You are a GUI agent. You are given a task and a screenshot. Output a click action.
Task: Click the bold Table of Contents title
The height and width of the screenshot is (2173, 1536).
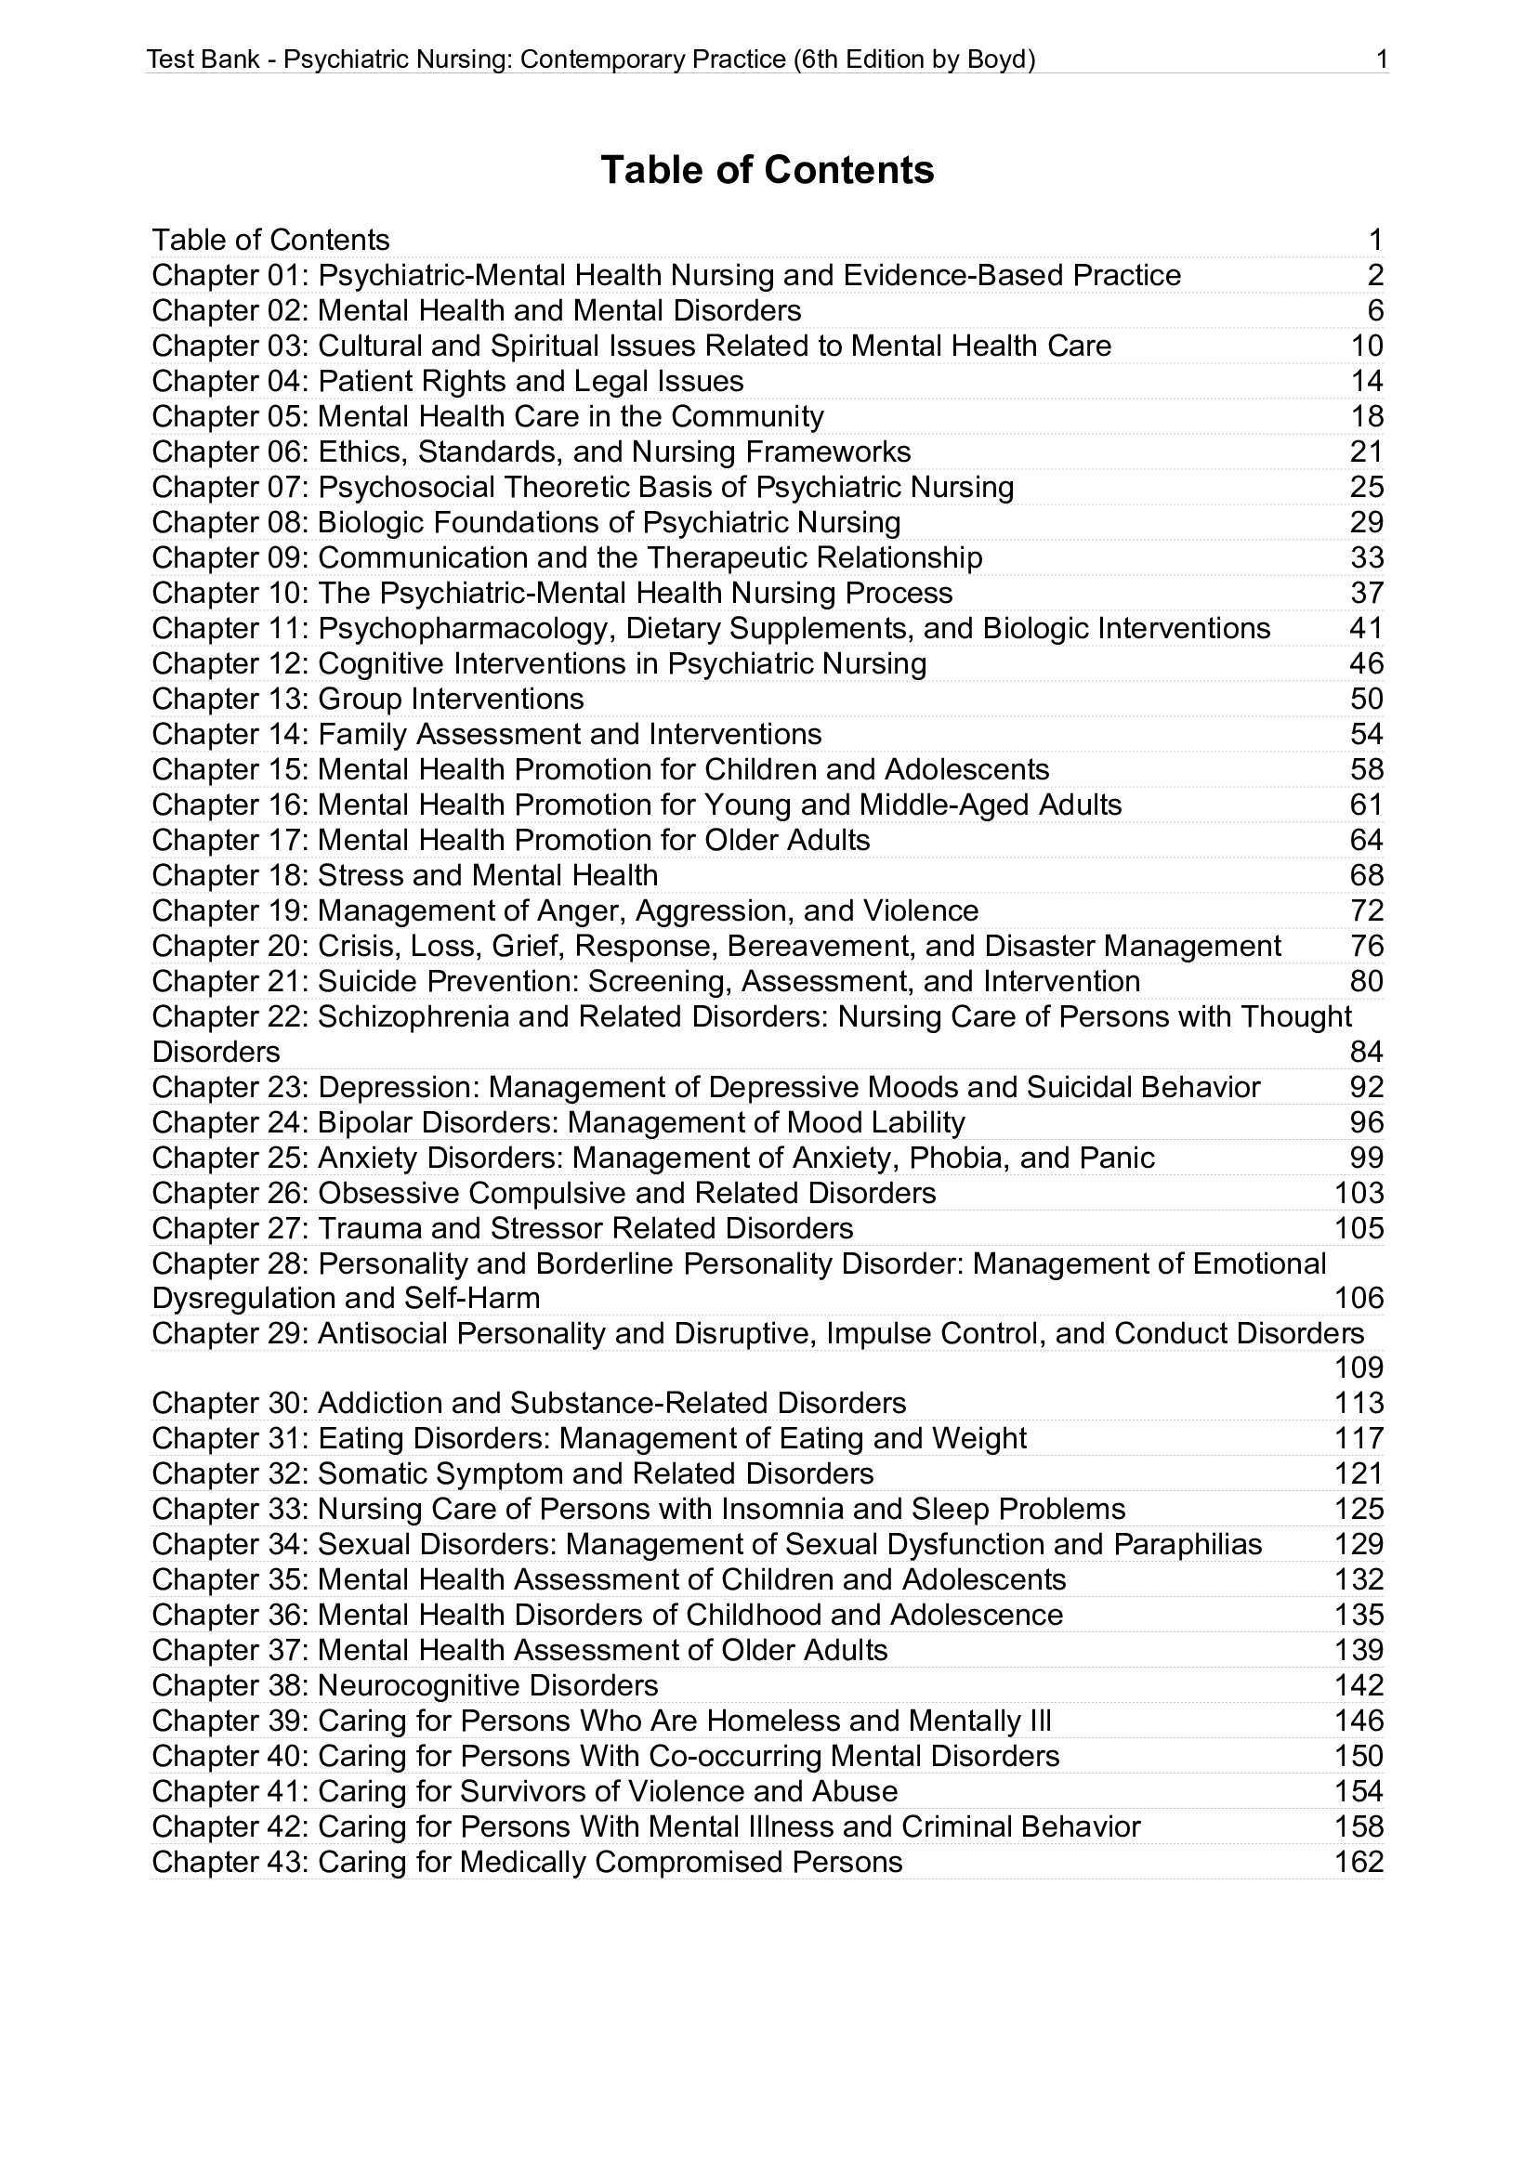tap(767, 170)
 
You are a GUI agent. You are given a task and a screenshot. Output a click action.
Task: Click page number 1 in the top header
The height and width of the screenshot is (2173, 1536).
tap(1381, 60)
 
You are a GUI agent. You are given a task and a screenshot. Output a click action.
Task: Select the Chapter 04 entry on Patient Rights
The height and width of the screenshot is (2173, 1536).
tap(448, 382)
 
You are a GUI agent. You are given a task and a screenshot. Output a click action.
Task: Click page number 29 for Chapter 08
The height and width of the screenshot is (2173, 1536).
tap(1367, 522)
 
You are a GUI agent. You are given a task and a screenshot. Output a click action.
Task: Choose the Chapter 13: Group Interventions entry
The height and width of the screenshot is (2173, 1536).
tap(368, 700)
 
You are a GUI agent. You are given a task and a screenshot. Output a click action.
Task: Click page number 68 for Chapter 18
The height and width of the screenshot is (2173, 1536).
tap(1367, 875)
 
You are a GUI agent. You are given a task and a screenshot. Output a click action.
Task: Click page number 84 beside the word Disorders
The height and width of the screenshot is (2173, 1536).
tap(1367, 1053)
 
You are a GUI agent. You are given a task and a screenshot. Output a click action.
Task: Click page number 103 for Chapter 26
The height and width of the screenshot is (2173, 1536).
tap(1359, 1194)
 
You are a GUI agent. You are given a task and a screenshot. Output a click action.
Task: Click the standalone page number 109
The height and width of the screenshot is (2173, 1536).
tap(1359, 1368)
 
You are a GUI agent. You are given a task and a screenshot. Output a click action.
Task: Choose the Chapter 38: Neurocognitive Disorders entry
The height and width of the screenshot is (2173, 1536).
tap(405, 1685)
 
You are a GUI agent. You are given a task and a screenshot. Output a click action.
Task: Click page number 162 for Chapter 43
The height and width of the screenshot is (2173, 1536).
tap(1359, 1863)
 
